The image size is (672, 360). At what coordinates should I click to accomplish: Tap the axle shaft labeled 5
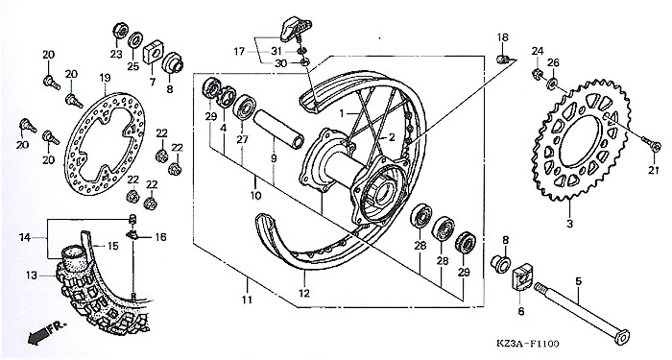coord(582,314)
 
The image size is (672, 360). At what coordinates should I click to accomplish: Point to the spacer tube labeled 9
coord(278,129)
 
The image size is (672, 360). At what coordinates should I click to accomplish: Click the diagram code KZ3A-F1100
coord(528,344)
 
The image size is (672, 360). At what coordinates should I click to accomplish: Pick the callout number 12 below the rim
coord(304,294)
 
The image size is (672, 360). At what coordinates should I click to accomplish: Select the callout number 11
coord(247,300)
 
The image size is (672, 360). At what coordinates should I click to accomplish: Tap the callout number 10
coord(255,196)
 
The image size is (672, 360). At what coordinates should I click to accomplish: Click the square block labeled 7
coord(154,52)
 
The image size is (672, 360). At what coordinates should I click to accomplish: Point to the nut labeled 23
coord(120,31)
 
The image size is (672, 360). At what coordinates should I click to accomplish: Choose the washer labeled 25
coord(136,40)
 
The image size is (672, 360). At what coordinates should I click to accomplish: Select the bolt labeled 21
coord(652,144)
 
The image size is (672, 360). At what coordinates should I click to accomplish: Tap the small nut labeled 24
coord(537,74)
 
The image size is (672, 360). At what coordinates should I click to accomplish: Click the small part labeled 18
coord(503,59)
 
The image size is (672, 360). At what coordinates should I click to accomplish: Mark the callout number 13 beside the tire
coord(32,276)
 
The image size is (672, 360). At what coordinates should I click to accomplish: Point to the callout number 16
coord(160,237)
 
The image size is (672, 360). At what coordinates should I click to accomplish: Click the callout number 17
coord(239,52)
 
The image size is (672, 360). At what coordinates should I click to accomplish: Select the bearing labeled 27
coord(244,108)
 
